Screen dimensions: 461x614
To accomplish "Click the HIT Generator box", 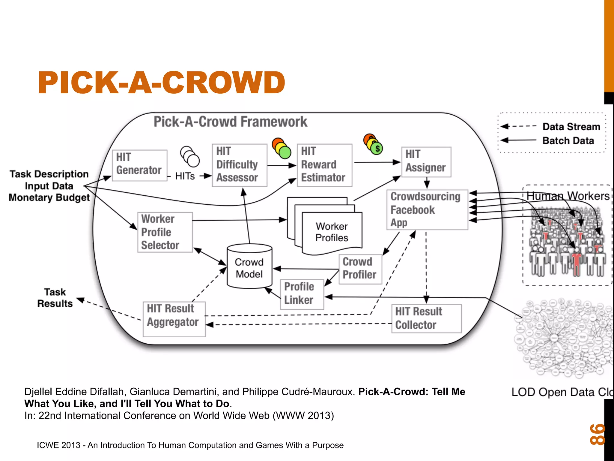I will (139, 165).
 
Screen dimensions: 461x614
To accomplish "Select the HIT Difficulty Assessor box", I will (239, 165).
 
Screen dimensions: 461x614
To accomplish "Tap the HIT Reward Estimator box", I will (324, 165).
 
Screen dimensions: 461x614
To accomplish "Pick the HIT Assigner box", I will (426, 162).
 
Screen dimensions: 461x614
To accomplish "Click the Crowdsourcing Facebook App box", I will (427, 209).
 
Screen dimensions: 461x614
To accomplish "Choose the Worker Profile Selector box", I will (165, 232).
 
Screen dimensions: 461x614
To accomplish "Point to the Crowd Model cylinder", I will (249, 267).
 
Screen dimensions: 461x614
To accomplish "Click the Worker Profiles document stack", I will (332, 232).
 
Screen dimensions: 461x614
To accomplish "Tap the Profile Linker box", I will (302, 294).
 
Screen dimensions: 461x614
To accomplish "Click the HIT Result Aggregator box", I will (174, 319).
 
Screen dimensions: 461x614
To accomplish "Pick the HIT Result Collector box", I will (426, 318).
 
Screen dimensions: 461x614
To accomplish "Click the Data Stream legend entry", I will (571, 127).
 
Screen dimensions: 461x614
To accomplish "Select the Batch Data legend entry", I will (568, 140).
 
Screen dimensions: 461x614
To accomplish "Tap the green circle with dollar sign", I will (377, 148).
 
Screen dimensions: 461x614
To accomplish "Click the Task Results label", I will (55, 298).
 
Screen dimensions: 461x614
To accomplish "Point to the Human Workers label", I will (568, 196).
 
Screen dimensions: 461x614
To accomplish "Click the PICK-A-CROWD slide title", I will (161, 83).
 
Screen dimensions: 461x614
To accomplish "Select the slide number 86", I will (597, 434).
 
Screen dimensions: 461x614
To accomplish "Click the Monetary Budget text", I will (49, 198).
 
